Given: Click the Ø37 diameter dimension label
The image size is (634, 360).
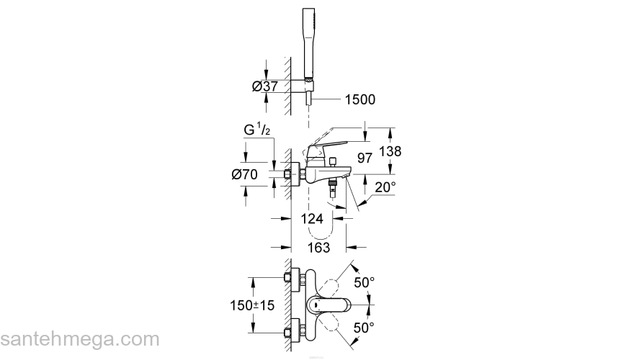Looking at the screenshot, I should [x=265, y=86].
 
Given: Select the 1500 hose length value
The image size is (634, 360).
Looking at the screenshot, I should [x=360, y=100].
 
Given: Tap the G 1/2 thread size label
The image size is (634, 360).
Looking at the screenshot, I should [x=257, y=132].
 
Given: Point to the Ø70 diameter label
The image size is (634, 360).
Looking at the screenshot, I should [x=246, y=174].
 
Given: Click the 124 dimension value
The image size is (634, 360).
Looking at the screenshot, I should [x=311, y=219].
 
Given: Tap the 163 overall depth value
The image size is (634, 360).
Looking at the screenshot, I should [x=317, y=247].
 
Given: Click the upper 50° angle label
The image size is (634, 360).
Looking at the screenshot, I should [x=364, y=282].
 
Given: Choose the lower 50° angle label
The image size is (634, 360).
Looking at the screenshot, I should [x=364, y=328].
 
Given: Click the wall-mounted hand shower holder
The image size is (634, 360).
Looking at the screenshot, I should [x=305, y=86].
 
